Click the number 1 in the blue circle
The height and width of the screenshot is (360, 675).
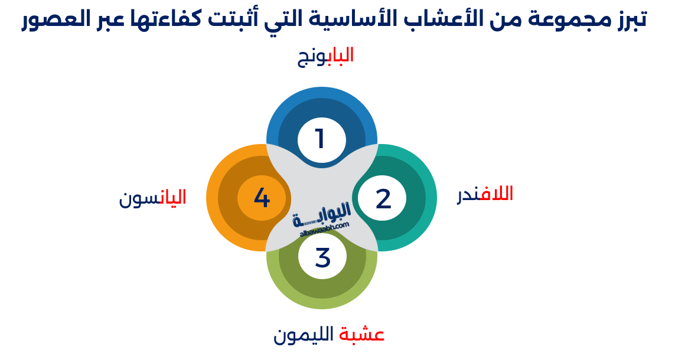pyautogui.click(x=320, y=139)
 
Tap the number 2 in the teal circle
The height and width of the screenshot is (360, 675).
pyautogui.click(x=383, y=199)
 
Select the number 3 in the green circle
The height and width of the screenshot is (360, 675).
pyautogui.click(x=322, y=258)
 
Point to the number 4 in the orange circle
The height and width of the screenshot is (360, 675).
pyautogui.click(x=262, y=198)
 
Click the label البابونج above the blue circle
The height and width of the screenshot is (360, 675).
pyautogui.click(x=325, y=56)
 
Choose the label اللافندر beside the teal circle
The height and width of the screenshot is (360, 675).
pyautogui.click(x=485, y=194)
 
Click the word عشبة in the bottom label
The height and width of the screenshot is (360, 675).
pyautogui.click(x=362, y=335)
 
